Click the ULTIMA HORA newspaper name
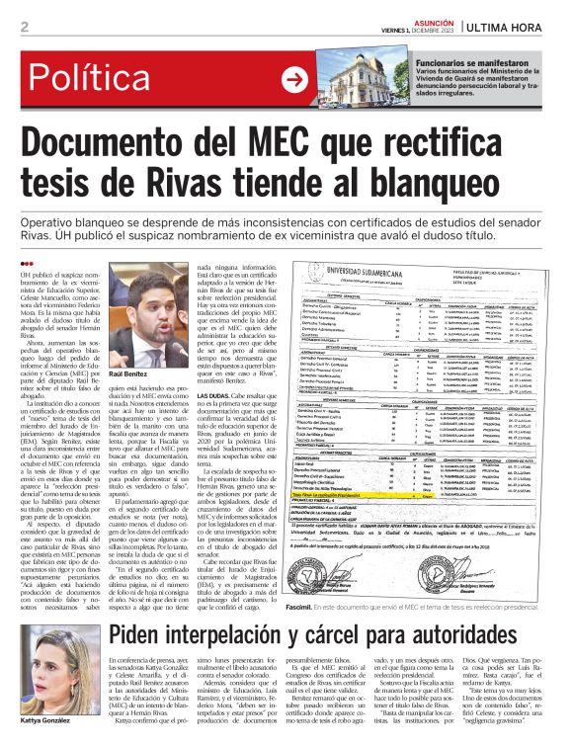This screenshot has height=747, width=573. (521, 27)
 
